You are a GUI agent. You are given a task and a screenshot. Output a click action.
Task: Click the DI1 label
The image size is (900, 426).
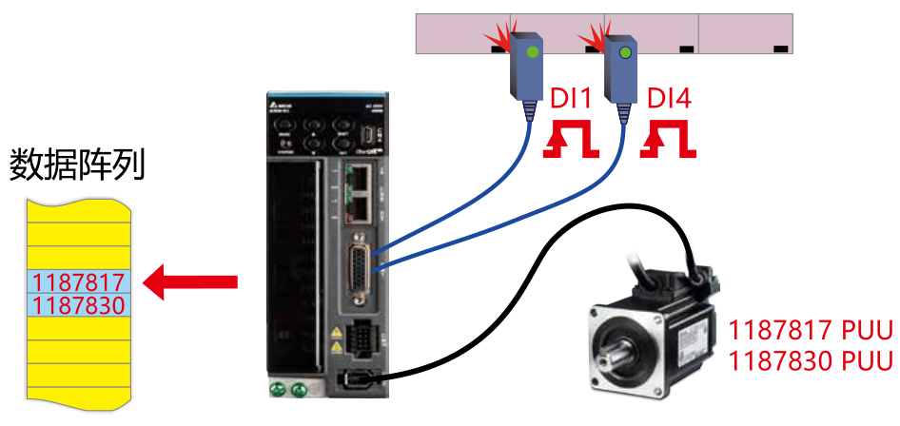[x=572, y=99]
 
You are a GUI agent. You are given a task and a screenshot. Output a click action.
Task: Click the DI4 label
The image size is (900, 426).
[x=670, y=99]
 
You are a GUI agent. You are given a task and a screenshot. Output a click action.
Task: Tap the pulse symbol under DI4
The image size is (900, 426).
[x=669, y=140]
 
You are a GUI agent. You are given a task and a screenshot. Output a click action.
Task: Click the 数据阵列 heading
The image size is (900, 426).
[x=77, y=165]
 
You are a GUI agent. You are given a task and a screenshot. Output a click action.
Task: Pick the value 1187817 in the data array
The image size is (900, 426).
[x=78, y=282]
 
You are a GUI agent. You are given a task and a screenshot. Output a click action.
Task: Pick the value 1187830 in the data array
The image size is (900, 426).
[x=78, y=305]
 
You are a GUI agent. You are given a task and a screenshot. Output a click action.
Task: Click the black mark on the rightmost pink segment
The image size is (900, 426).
[x=780, y=47]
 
